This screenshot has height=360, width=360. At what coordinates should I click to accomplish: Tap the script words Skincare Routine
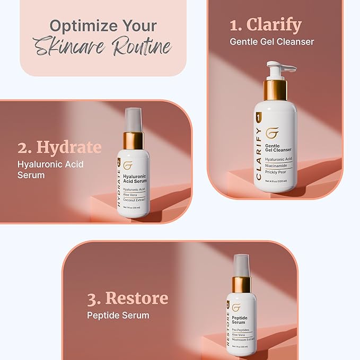tap(103, 48)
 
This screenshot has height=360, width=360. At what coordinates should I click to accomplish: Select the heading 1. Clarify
tap(266, 24)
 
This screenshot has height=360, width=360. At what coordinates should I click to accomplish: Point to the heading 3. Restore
tap(128, 297)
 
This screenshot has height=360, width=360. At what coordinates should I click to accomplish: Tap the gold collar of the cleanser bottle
tap(275, 90)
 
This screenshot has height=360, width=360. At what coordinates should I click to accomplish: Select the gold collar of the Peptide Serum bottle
tap(242, 284)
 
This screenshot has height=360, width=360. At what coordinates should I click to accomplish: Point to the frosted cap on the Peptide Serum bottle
tap(241, 265)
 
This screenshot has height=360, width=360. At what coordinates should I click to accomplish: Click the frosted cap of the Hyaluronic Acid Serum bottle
tap(134, 119)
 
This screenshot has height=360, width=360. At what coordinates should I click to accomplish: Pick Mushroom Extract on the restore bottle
tap(243, 339)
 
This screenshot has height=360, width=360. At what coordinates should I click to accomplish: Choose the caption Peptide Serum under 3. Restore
tap(118, 315)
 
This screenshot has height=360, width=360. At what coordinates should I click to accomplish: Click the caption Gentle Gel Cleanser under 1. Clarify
tap(272, 41)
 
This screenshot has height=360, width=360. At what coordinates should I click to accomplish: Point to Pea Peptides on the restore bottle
tap(241, 330)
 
